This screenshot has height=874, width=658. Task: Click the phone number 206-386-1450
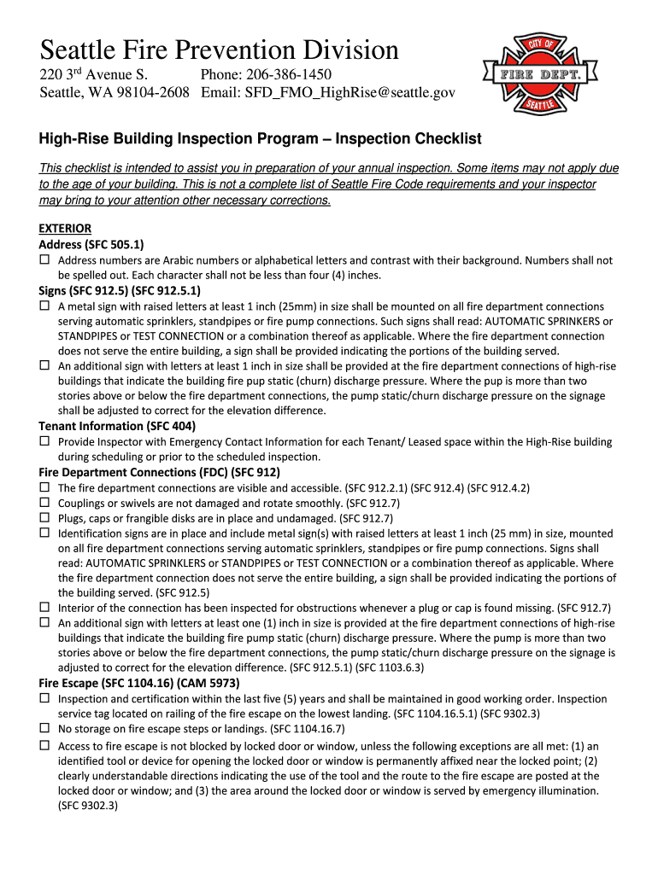[x=285, y=75]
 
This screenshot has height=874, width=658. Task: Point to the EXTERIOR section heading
[x=65, y=229]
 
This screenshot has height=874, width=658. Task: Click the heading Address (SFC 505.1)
[x=91, y=244]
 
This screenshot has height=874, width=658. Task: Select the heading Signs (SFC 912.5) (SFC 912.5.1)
[x=120, y=290]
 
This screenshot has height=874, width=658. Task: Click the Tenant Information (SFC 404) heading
[x=117, y=426]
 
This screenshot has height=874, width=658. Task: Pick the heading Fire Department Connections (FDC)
[x=159, y=472]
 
